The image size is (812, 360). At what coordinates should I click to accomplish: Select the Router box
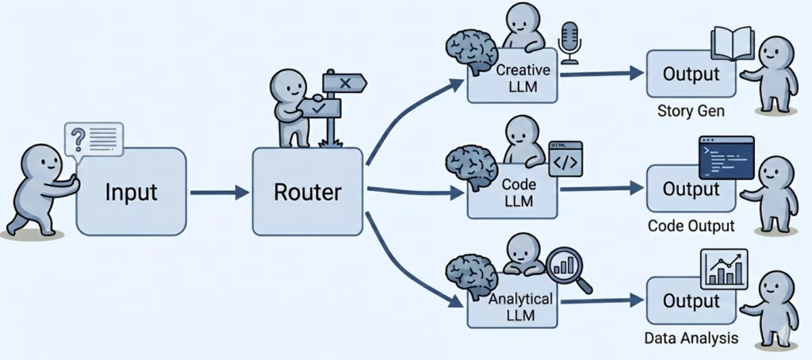click(x=308, y=191)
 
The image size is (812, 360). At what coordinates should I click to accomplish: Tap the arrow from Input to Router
click(x=219, y=191)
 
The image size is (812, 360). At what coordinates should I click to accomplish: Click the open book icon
click(x=732, y=43)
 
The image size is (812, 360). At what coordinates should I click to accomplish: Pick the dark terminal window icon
click(x=726, y=157)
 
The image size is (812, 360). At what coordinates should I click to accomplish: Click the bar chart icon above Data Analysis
click(x=724, y=269)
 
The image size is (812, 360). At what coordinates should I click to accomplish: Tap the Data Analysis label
click(x=691, y=338)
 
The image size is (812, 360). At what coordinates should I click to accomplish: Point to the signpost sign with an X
click(x=344, y=82)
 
